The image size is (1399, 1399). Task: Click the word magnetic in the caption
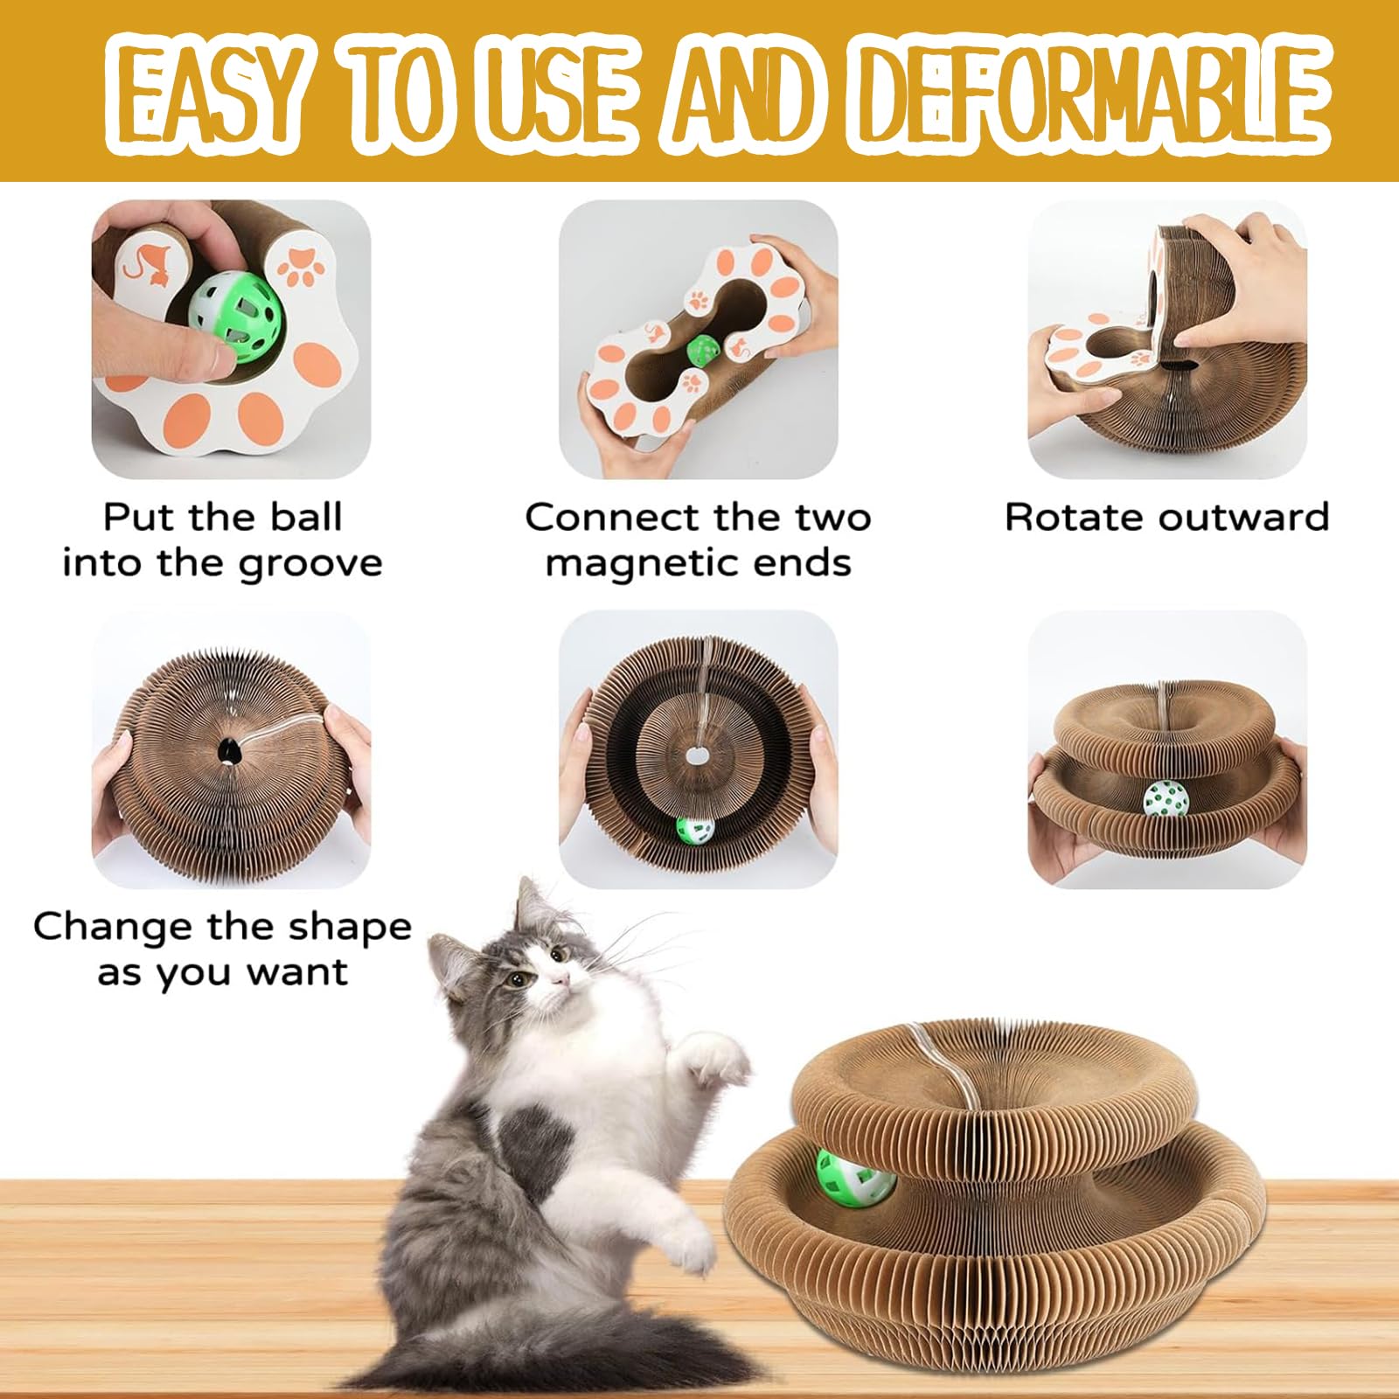click(637, 563)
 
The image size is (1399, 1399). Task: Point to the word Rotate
click(1063, 517)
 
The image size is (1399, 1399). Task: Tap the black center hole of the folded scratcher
click(226, 749)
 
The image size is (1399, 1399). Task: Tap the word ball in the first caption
click(305, 517)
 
